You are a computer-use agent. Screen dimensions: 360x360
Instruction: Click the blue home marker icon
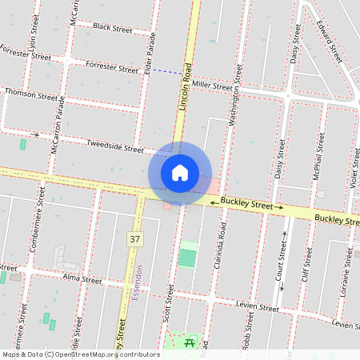(180, 173)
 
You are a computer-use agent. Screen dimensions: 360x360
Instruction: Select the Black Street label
(112, 28)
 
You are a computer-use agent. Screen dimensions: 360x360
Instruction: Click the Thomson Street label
(31, 94)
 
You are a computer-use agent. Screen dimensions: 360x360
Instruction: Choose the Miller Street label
(212, 86)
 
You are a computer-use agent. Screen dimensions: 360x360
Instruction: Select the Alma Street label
(82, 281)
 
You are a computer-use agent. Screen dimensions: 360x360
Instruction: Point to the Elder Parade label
(151, 55)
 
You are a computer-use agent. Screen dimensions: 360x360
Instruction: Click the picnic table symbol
(190, 342)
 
